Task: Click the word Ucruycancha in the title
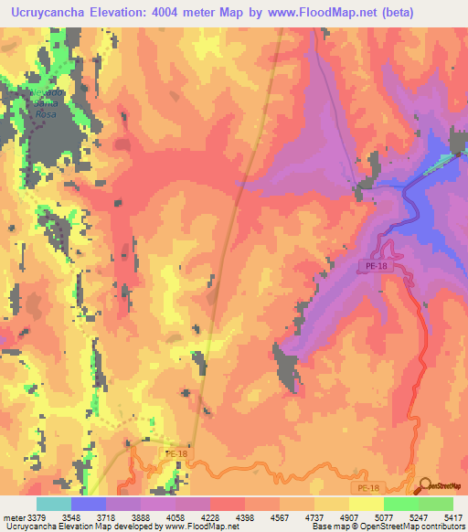52,13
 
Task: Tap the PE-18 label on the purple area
375,265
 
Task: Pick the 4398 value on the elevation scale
245,516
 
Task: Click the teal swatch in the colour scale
54,504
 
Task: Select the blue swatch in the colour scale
89,504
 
